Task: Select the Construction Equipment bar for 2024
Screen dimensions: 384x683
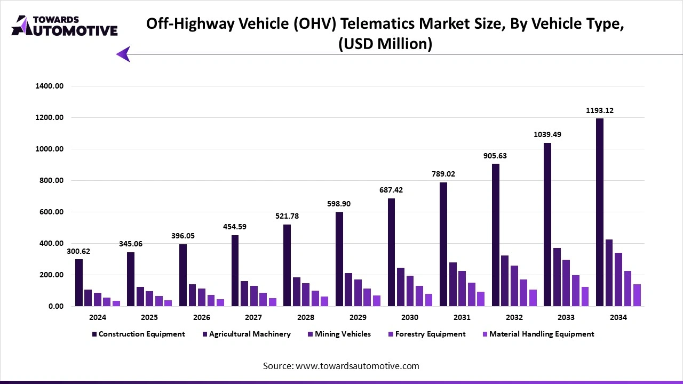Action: pos(79,283)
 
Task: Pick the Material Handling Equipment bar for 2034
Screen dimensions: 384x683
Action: pos(637,295)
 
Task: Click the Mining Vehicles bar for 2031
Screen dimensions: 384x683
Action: pos(462,289)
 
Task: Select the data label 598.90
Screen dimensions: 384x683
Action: pos(339,204)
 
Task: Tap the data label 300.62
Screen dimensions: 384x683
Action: pos(78,251)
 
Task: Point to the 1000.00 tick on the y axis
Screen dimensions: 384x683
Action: pos(49,149)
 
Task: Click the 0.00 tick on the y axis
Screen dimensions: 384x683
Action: pos(56,306)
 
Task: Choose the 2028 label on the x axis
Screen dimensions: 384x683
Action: pos(305,317)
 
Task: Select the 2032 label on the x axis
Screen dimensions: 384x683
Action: pos(514,317)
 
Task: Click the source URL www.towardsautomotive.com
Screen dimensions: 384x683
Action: pos(357,366)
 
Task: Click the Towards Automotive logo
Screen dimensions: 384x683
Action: pos(64,25)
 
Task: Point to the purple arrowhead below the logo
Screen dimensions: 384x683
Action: pos(123,54)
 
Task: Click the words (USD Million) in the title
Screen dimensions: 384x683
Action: pos(385,44)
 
